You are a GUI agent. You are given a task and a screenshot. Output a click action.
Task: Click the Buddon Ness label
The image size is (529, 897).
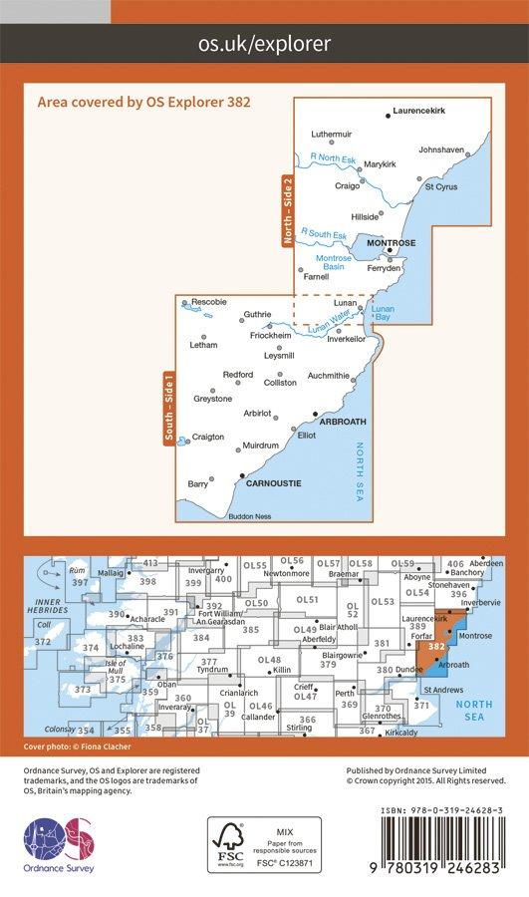point(249,516)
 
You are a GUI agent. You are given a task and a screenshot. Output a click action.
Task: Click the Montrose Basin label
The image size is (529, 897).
point(335,262)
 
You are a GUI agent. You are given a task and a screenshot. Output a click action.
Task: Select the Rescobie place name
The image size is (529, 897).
point(209,302)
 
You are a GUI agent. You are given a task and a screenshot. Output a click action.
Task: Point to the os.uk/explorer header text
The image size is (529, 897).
point(264,44)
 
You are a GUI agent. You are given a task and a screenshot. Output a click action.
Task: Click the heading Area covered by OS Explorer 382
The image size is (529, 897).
point(141,102)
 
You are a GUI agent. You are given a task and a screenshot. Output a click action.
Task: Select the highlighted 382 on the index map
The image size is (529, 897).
point(435,646)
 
